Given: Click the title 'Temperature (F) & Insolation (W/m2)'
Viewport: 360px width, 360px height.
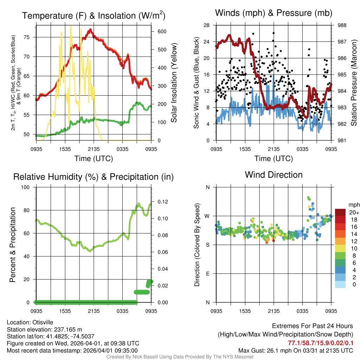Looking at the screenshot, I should (x=94, y=15).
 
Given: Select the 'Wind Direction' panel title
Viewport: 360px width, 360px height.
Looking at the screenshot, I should (x=274, y=175).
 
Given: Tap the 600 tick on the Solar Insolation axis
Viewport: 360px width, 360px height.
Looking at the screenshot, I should (x=162, y=32).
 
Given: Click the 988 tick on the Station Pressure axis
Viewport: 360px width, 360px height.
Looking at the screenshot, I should (x=341, y=25).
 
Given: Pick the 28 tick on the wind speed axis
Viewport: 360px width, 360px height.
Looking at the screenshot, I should (x=207, y=25).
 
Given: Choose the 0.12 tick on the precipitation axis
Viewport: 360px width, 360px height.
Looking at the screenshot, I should (x=162, y=202).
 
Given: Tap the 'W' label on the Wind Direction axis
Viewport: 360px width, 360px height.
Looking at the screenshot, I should (x=207, y=216).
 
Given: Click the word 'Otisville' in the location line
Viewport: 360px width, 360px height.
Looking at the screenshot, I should (x=44, y=322).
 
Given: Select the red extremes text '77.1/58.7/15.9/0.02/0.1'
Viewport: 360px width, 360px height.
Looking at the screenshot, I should (x=320, y=343).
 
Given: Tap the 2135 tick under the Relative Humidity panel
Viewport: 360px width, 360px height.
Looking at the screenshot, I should (x=94, y=311).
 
